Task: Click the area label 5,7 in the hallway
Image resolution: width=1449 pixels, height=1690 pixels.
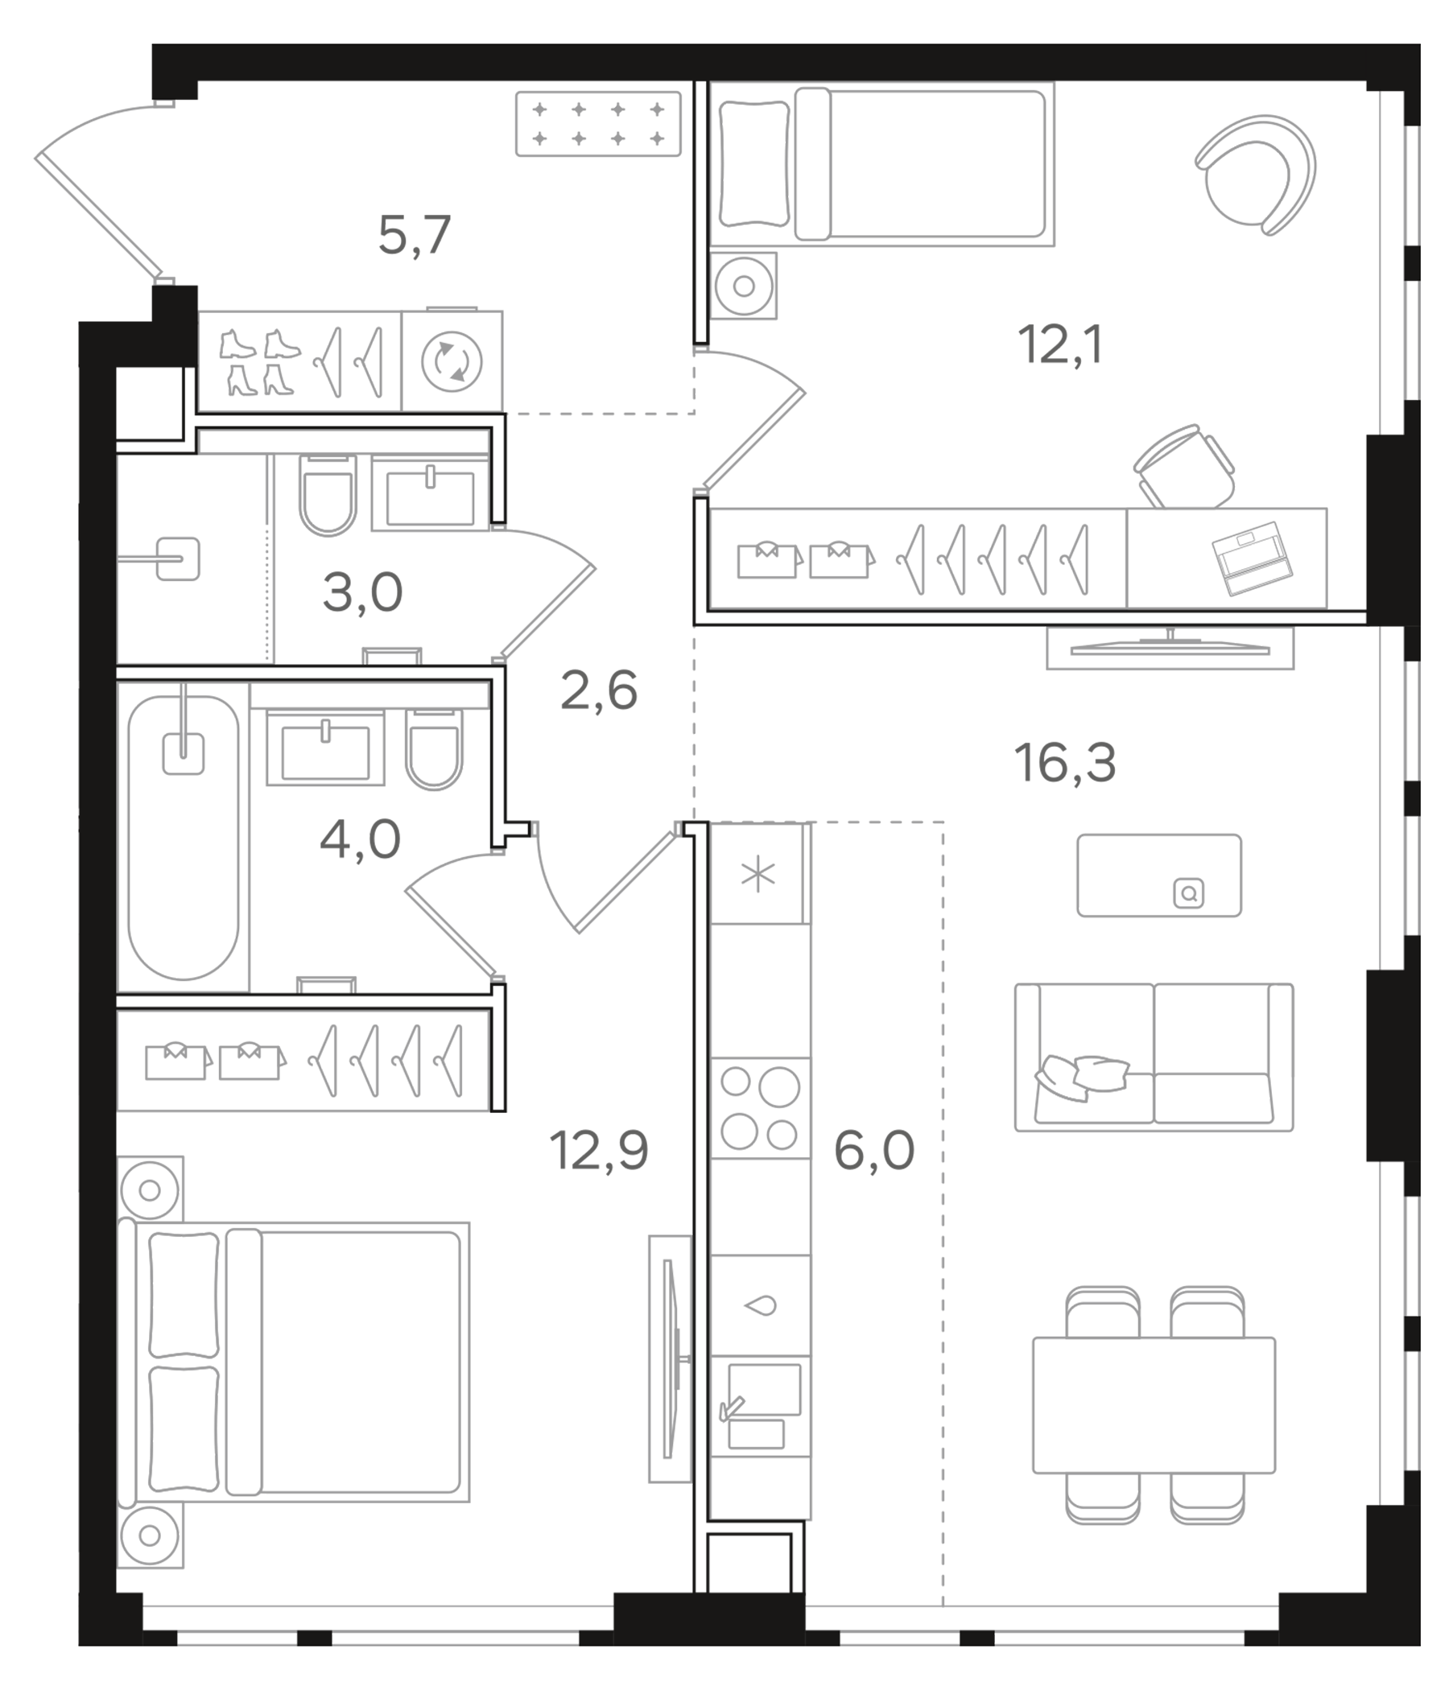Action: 414,236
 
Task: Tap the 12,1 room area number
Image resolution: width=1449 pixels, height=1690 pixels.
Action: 1060,344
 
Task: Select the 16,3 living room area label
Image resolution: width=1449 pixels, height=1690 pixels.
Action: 1064,764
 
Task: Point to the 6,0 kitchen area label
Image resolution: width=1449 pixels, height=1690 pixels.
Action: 873,1150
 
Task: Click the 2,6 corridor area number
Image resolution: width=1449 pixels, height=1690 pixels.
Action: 598,690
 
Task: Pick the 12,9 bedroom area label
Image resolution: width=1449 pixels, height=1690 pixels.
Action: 598,1150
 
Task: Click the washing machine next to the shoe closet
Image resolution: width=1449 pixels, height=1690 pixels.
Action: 451,361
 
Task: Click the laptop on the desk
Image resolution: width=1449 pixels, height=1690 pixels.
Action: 1251,558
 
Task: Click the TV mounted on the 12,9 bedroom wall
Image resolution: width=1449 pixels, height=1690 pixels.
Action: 671,1359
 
